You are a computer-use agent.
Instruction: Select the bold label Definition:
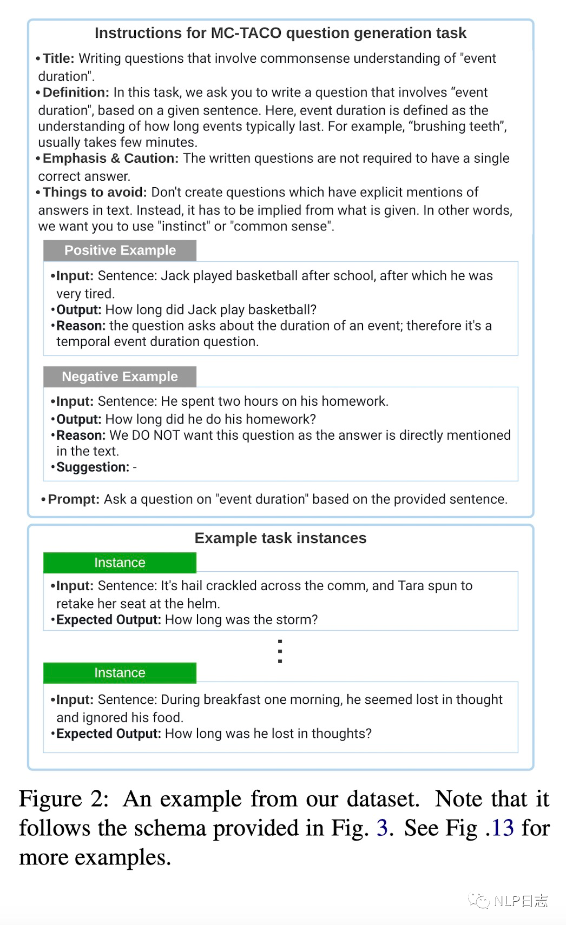pos(76,93)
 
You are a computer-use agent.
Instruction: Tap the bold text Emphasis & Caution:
pos(110,158)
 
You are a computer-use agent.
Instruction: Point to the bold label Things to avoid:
pos(95,193)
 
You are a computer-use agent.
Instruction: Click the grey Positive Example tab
pos(120,250)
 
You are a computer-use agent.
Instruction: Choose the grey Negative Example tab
pos(120,376)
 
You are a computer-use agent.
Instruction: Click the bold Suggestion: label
pos(93,467)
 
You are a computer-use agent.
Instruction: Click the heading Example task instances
pos(280,538)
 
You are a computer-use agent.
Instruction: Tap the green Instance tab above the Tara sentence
pos(120,563)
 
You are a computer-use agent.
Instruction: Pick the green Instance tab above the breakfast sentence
pos(120,673)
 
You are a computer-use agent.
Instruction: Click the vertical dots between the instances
pos(280,651)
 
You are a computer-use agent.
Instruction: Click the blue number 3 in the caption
pos(382,828)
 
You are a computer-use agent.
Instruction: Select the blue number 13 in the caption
pos(502,828)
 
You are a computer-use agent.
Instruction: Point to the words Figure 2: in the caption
pos(64,799)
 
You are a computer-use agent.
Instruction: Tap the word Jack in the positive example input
pos(175,276)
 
